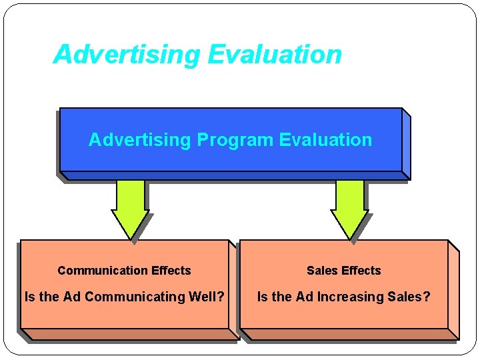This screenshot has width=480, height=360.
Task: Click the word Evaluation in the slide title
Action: [x=275, y=55]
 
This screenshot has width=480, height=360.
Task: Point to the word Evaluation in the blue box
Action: [x=325, y=140]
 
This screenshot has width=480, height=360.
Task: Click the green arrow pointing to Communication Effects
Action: [x=130, y=207]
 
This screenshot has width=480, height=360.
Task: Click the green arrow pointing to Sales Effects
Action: [x=349, y=207]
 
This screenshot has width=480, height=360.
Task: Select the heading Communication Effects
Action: [x=124, y=271]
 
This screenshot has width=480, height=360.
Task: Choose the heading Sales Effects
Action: [x=343, y=271]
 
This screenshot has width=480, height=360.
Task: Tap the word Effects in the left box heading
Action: [x=171, y=271]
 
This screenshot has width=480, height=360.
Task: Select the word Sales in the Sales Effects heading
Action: [x=321, y=271]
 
